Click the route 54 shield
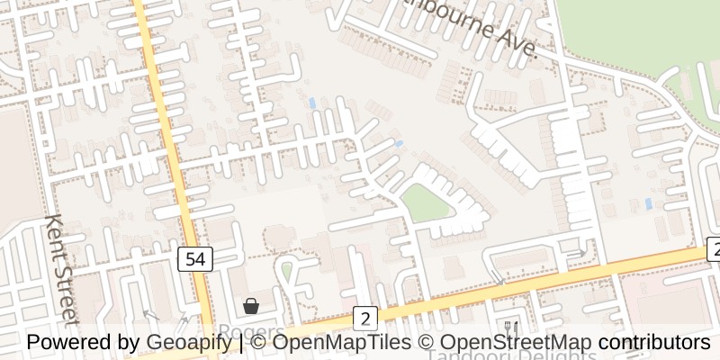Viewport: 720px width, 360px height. coord(195,260)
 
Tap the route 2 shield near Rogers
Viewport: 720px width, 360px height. coord(364,318)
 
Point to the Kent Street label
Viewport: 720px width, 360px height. coord(61,270)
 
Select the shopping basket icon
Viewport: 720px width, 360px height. coord(250,306)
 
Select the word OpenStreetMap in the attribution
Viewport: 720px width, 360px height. coord(517,343)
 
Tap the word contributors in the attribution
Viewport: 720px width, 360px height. coord(654,343)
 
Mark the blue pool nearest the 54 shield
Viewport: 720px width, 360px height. coord(311,103)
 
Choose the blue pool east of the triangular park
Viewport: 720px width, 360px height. coord(648,204)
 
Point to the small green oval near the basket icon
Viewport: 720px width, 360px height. coord(286,270)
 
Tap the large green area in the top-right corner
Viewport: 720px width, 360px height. coord(639,31)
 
